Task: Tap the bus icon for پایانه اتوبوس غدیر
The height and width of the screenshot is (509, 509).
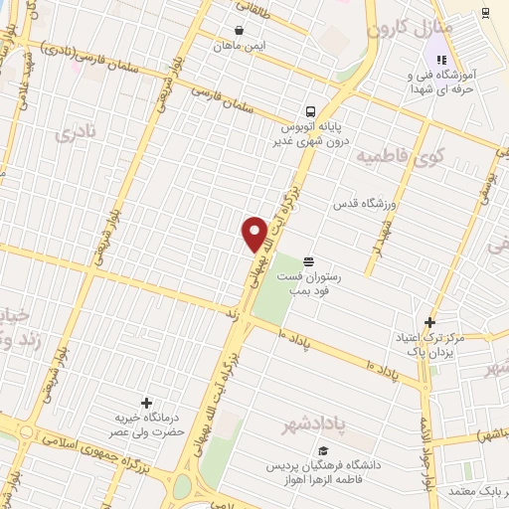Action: coord(312,111)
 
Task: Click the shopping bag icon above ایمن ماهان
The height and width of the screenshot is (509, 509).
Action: coord(239,29)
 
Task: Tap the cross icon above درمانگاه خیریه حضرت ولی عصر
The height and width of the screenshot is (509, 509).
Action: coord(147,403)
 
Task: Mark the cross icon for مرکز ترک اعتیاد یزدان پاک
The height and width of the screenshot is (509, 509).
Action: coord(429,322)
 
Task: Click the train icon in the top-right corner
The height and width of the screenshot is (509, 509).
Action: coord(484,11)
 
